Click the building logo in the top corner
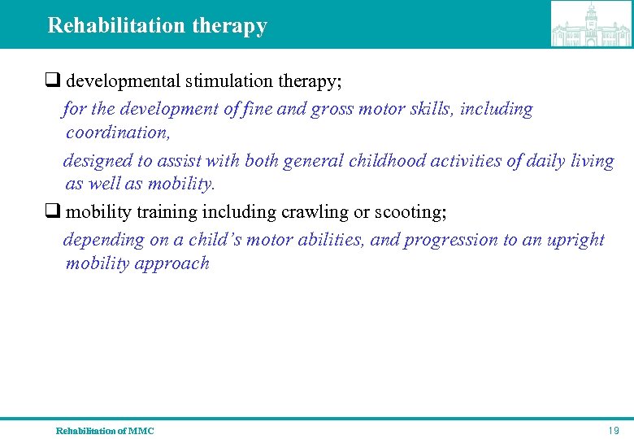coord(590,24)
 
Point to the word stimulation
coord(224,81)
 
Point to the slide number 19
coord(614,430)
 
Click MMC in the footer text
coord(141,430)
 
